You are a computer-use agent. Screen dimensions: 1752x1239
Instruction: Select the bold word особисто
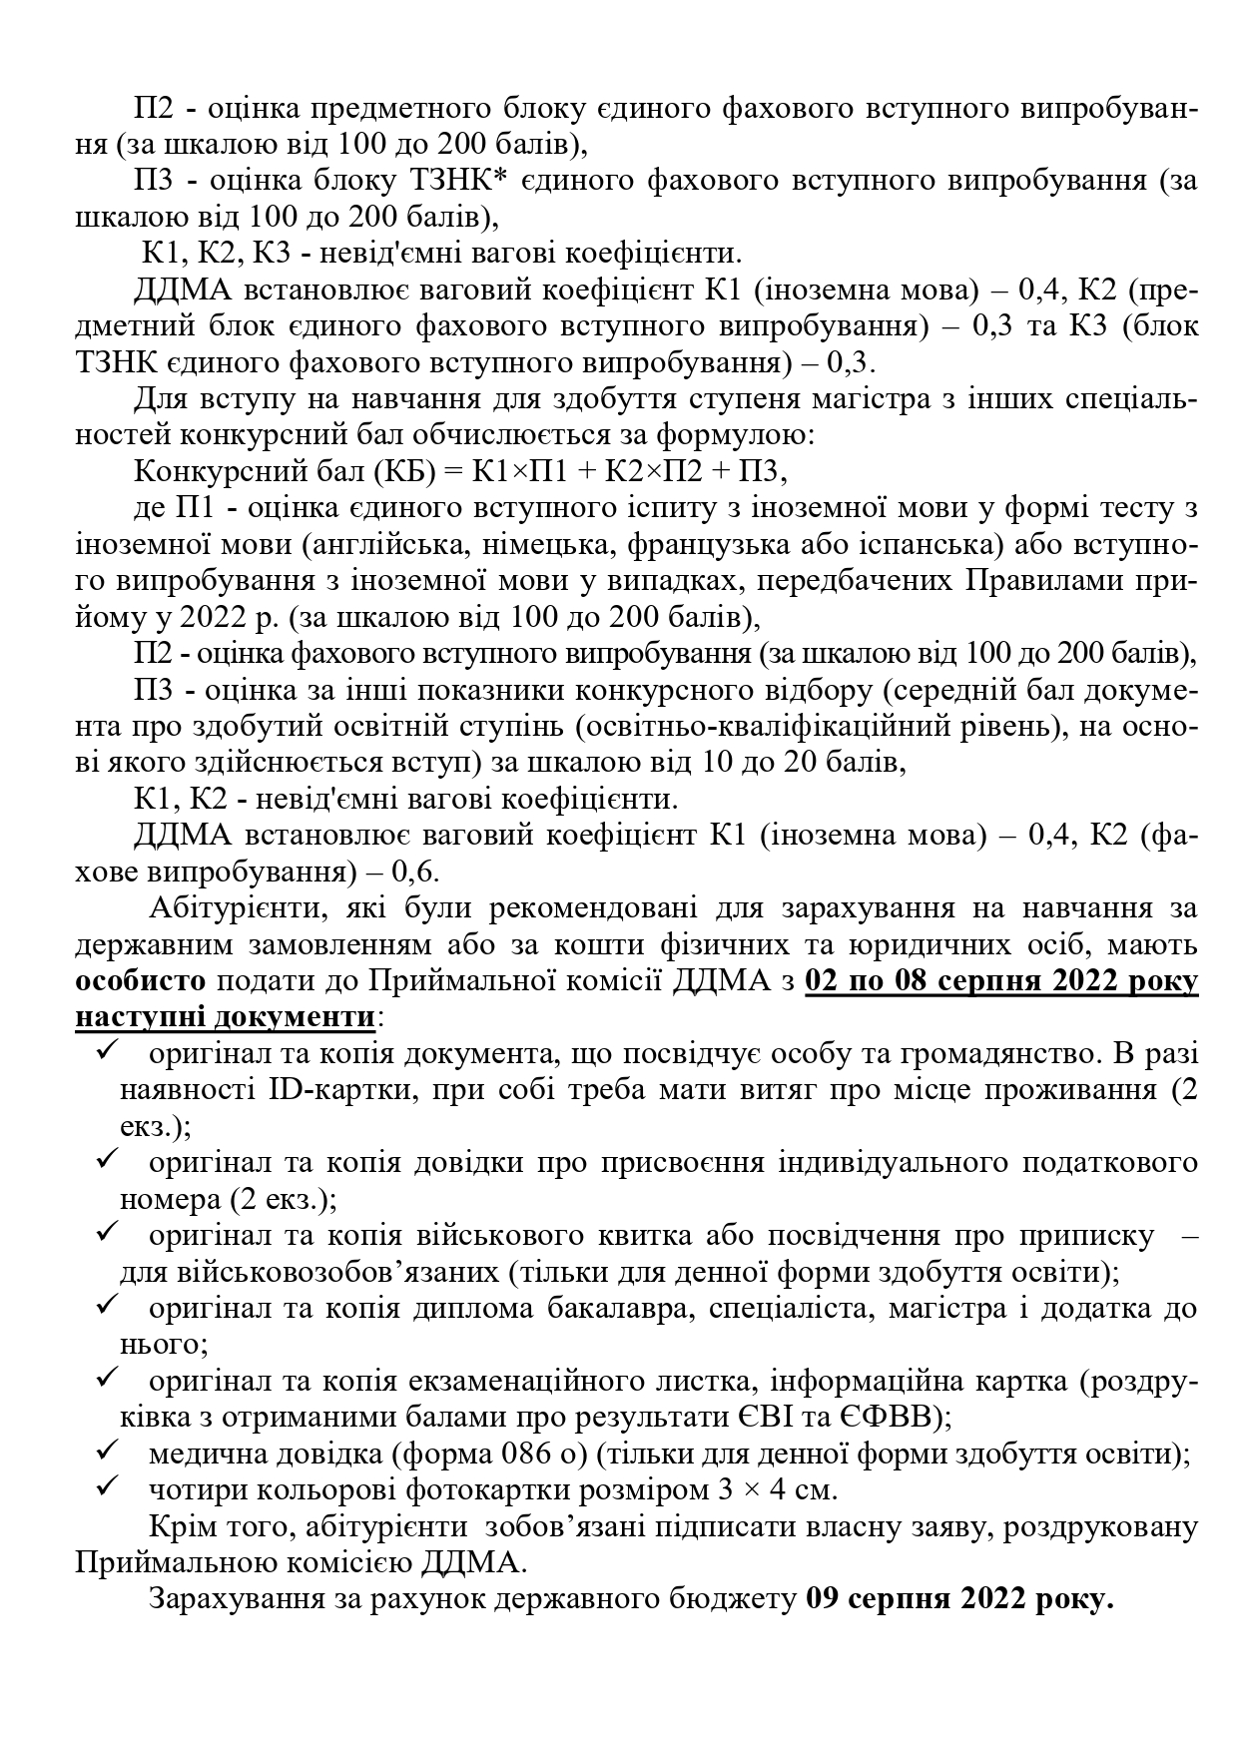click(141, 980)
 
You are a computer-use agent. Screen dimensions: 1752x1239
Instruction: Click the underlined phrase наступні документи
click(226, 1017)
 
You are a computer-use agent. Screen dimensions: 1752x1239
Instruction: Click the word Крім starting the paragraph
click(179, 1526)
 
